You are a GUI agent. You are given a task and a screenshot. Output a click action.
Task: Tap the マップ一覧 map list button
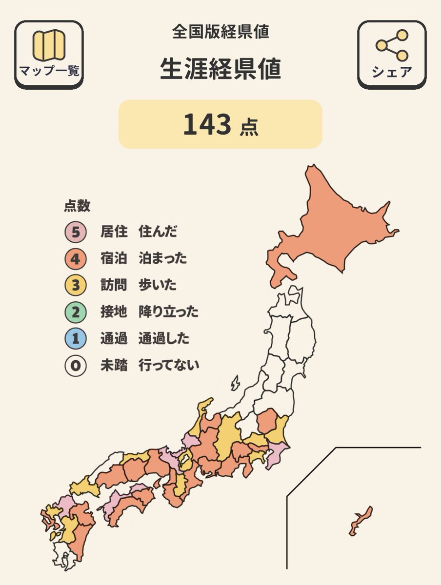[x=49, y=55]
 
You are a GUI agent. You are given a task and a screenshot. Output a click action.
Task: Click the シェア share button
[x=392, y=55]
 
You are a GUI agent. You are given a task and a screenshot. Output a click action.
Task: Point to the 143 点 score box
[x=220, y=124]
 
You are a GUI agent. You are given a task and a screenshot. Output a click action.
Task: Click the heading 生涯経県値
[x=220, y=70]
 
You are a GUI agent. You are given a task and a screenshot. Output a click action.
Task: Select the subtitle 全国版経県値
[x=220, y=32]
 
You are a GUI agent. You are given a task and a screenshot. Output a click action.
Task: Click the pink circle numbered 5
[x=75, y=232]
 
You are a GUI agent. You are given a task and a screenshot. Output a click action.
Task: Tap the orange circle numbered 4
[x=75, y=258]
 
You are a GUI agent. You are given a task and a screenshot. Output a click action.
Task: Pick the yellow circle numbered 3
[x=75, y=285]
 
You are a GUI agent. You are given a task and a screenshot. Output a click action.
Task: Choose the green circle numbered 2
[x=75, y=312]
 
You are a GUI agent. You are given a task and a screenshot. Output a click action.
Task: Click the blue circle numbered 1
[x=75, y=338]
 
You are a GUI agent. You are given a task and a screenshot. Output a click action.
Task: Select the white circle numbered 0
[x=75, y=365]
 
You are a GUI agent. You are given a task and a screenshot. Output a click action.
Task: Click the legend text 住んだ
[x=158, y=232]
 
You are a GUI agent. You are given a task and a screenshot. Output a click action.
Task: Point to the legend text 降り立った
[x=168, y=312]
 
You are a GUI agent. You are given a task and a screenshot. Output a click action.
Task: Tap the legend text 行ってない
[x=169, y=365]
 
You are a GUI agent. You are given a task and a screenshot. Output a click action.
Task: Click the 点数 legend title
[x=77, y=206]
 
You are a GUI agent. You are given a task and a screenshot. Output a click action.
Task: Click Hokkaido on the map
[x=337, y=224]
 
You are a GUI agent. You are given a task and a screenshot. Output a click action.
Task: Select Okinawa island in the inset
[x=361, y=521]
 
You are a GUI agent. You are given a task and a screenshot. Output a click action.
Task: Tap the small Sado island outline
[x=235, y=383]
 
